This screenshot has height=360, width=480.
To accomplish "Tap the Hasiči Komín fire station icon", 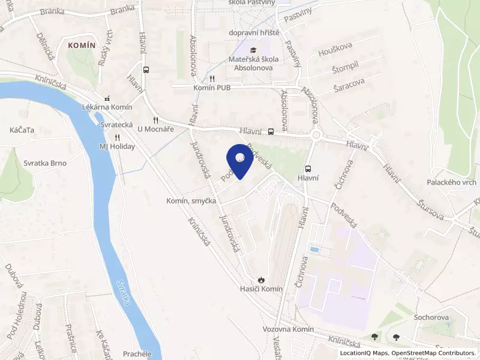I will point(260,280).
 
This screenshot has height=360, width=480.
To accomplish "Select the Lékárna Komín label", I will point(106,107).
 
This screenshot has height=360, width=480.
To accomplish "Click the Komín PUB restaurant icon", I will point(212,79).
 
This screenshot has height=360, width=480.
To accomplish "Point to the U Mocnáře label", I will point(155,128).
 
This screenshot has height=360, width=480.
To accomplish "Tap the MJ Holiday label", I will point(117,146).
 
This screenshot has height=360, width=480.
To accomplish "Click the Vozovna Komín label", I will point(289,329).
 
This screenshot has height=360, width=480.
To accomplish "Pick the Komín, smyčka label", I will point(191,201).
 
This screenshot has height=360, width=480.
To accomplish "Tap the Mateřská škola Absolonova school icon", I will point(253,50).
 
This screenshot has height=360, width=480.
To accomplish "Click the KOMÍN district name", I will point(82,45).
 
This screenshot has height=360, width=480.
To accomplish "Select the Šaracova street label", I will point(349,89).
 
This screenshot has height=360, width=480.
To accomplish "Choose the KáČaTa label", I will point(21,130).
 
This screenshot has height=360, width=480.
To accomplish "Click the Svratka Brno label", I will point(45,163).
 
